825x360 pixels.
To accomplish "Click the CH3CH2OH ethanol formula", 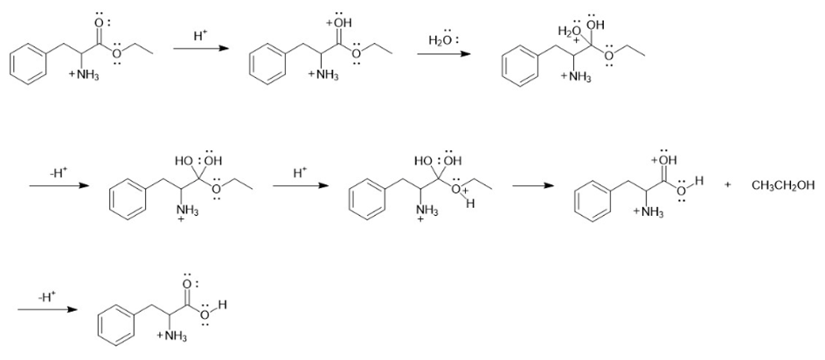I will pyautogui.click(x=783, y=185).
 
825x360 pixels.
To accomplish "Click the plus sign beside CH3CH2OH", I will pyautogui.click(x=729, y=185).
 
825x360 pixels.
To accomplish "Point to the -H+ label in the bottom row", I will pyautogui.click(x=46, y=297).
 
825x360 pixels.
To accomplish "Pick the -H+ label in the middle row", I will pyautogui.click(x=59, y=173).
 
